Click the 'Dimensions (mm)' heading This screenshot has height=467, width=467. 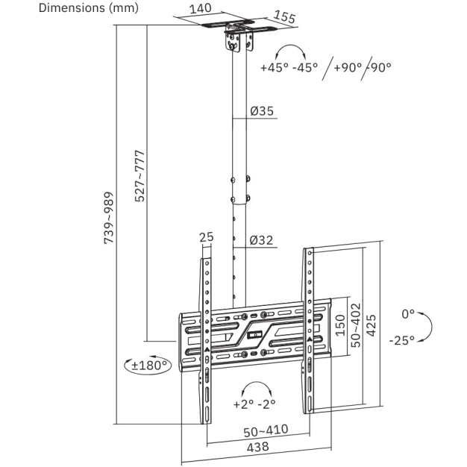click(89, 8)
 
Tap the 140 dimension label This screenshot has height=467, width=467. click(200, 9)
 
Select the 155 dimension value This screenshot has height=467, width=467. click(284, 17)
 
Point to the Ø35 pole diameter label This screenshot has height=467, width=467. click(262, 111)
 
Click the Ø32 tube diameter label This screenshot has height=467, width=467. click(261, 240)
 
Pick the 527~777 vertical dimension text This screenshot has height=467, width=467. click(140, 176)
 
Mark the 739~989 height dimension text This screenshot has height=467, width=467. click(109, 218)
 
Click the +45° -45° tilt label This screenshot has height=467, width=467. click(289, 68)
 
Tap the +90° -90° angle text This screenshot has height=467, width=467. click(363, 68)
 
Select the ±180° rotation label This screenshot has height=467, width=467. click(149, 365)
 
